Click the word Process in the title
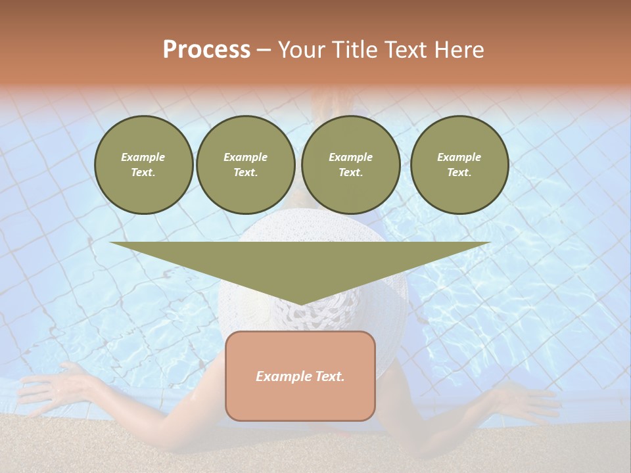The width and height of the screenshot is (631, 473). [x=206, y=50]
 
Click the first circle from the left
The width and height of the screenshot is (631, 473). [x=143, y=165]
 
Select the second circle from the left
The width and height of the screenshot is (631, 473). [x=245, y=165]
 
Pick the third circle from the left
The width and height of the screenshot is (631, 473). [x=350, y=165]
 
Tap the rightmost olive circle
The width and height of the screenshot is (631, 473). [x=459, y=165]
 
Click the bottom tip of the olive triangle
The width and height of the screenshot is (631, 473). [x=300, y=304]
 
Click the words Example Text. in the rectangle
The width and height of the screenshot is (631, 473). [x=300, y=376]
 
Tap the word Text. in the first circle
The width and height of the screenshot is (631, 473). [x=143, y=173]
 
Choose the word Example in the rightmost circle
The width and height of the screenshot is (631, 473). [x=459, y=157]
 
